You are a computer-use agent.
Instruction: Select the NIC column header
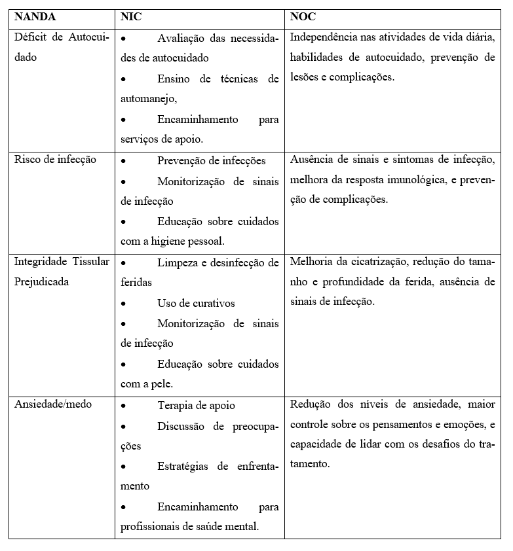click(130, 18)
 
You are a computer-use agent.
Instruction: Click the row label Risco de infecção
click(55, 160)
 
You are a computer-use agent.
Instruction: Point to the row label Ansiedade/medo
click(53, 404)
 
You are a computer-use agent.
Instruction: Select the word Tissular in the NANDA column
click(91, 262)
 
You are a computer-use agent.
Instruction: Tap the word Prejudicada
click(41, 283)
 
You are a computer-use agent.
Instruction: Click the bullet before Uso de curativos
click(124, 304)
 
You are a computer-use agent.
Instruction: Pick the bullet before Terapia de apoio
click(124, 406)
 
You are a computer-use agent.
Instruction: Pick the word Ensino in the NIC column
click(174, 79)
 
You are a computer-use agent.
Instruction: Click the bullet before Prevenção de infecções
click(124, 161)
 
